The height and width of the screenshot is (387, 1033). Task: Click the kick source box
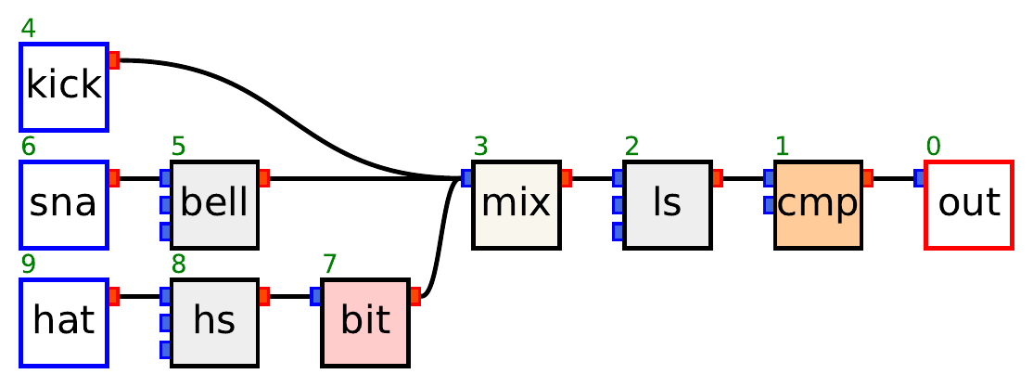64,86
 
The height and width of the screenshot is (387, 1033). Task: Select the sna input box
64,204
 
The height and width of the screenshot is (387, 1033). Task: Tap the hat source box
64,322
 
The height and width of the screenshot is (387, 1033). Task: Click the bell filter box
214,204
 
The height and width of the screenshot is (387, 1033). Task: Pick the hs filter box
214,322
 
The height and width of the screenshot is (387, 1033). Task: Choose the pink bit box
365,322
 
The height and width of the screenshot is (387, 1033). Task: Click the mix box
516,204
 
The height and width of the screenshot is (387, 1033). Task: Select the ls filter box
668,204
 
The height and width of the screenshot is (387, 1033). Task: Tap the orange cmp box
818,204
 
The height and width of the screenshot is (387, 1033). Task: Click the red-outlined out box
969,204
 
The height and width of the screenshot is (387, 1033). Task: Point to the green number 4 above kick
29,28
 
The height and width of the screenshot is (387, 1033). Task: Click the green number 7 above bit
330,264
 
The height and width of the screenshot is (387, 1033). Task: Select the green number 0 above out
934,147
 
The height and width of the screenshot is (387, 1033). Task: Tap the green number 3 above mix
481,147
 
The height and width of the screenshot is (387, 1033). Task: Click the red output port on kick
114,60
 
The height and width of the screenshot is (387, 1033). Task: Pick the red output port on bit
415,296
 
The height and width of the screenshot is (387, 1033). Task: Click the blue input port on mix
467,178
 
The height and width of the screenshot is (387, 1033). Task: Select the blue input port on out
919,178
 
